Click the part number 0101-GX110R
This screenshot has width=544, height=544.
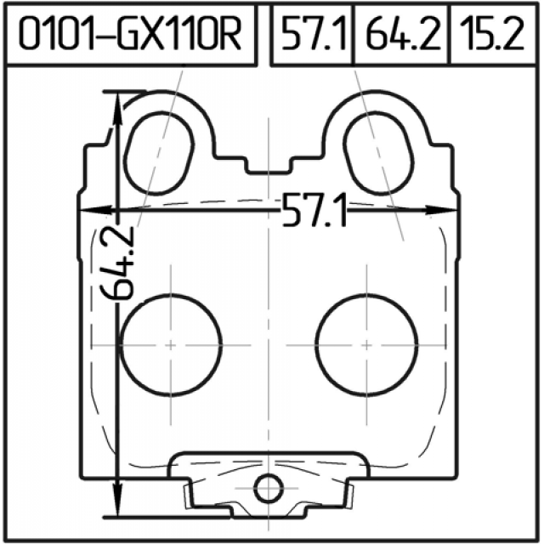click(130, 34)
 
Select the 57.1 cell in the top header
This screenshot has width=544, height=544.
click(314, 34)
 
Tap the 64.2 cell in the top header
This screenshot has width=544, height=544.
click(403, 34)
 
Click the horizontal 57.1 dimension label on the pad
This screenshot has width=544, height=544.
click(314, 211)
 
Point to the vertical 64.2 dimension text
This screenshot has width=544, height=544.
click(117, 263)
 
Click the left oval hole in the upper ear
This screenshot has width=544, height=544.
click(159, 153)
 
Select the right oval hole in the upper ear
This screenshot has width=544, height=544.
click(378, 153)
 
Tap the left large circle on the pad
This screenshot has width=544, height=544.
click(171, 345)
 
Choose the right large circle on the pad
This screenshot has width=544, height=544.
click(366, 345)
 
